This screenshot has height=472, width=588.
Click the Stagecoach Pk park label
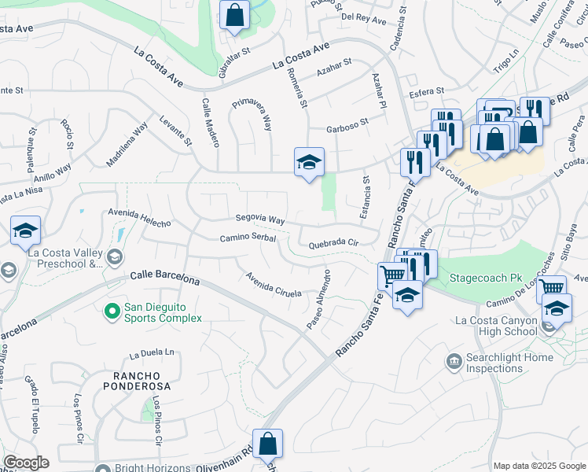484,278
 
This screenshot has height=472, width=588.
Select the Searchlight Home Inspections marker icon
454,362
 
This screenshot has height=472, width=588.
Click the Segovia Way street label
260,219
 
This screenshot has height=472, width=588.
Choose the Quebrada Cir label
333,244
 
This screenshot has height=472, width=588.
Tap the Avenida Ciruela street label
274,285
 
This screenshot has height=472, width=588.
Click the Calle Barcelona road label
164,278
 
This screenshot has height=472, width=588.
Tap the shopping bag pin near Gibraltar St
234,14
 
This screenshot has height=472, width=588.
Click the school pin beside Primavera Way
309,162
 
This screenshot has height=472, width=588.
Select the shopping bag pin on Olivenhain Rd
267,443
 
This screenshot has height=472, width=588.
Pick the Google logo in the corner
26,463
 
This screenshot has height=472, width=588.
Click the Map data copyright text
538,466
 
